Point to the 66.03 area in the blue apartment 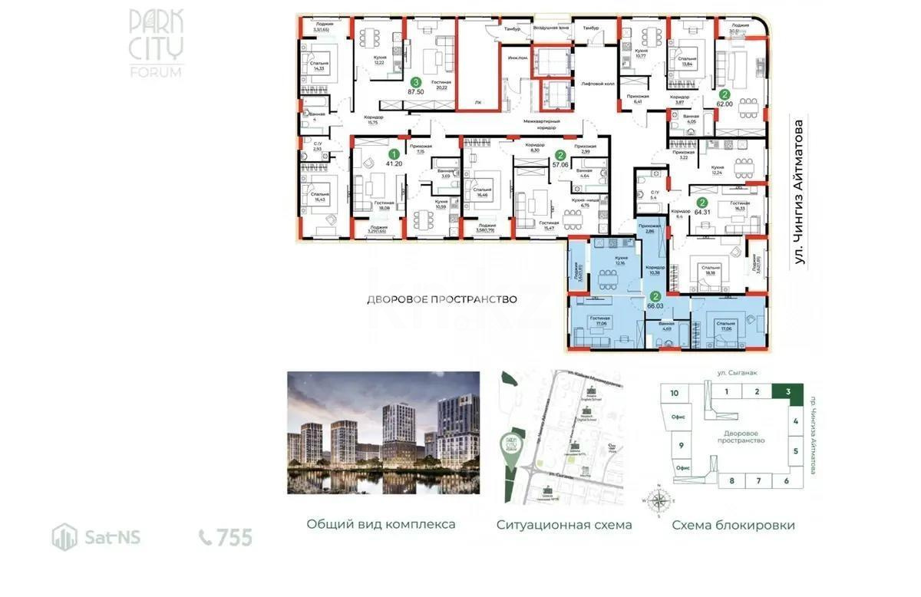(x=655, y=305)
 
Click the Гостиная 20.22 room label (x=441, y=85)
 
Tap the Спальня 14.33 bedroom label (x=315, y=66)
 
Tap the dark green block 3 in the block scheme (x=788, y=391)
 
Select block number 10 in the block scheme (x=674, y=393)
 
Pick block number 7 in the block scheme (x=758, y=480)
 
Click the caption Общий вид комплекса (x=381, y=524)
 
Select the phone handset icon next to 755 (x=206, y=537)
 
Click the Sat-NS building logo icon (x=64, y=537)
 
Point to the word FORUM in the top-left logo (x=156, y=72)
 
